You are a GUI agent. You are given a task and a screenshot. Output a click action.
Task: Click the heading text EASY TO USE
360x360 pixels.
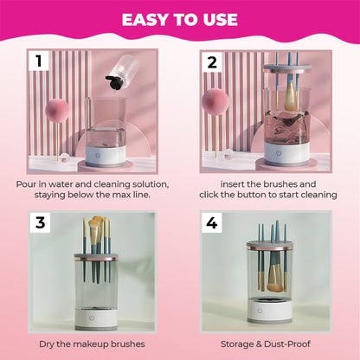180,19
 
